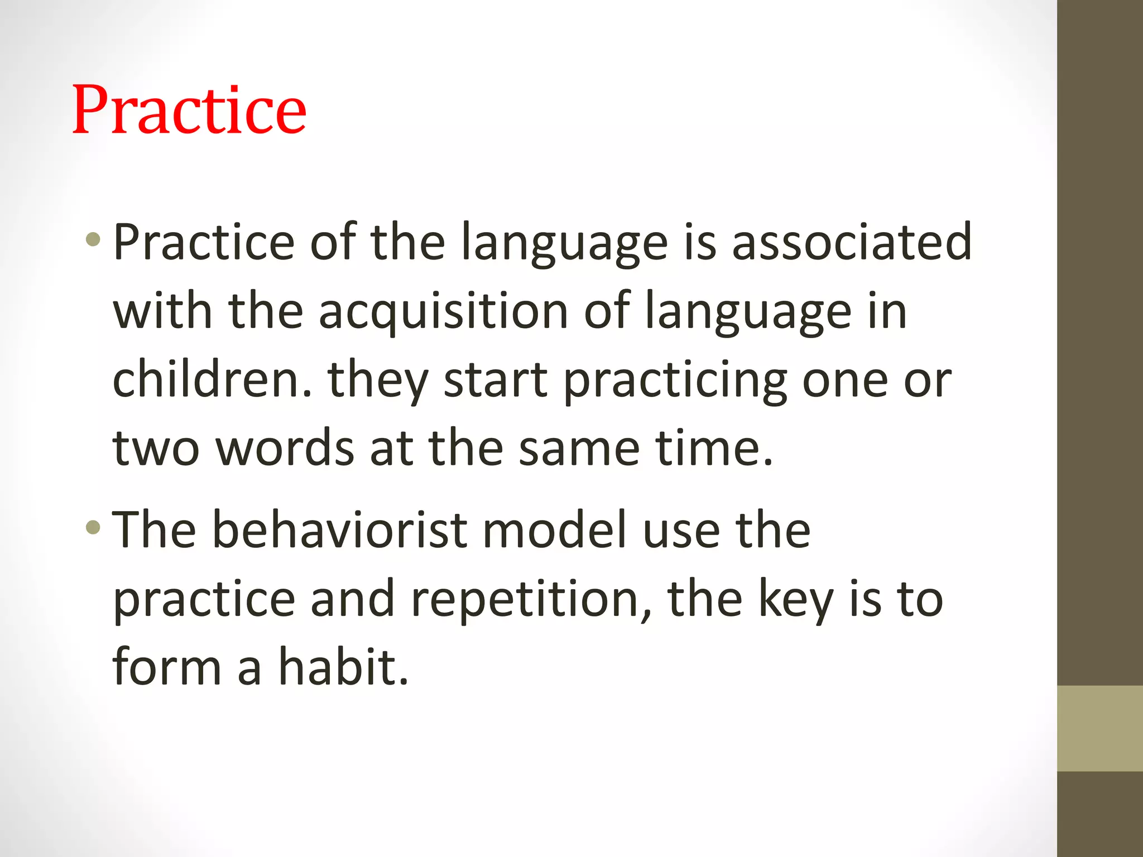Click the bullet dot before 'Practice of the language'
(x=93, y=240)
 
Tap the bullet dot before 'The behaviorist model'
(x=93, y=527)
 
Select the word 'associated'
(x=852, y=243)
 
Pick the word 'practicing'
(x=675, y=382)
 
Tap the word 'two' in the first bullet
(x=156, y=449)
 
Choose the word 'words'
(x=285, y=449)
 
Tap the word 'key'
(x=796, y=600)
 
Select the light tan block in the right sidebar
(x=1099, y=728)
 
